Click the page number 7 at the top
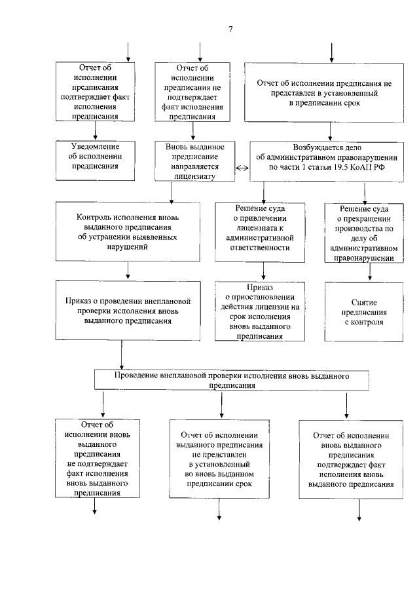230,29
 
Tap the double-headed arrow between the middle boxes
241,167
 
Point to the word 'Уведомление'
94,146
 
